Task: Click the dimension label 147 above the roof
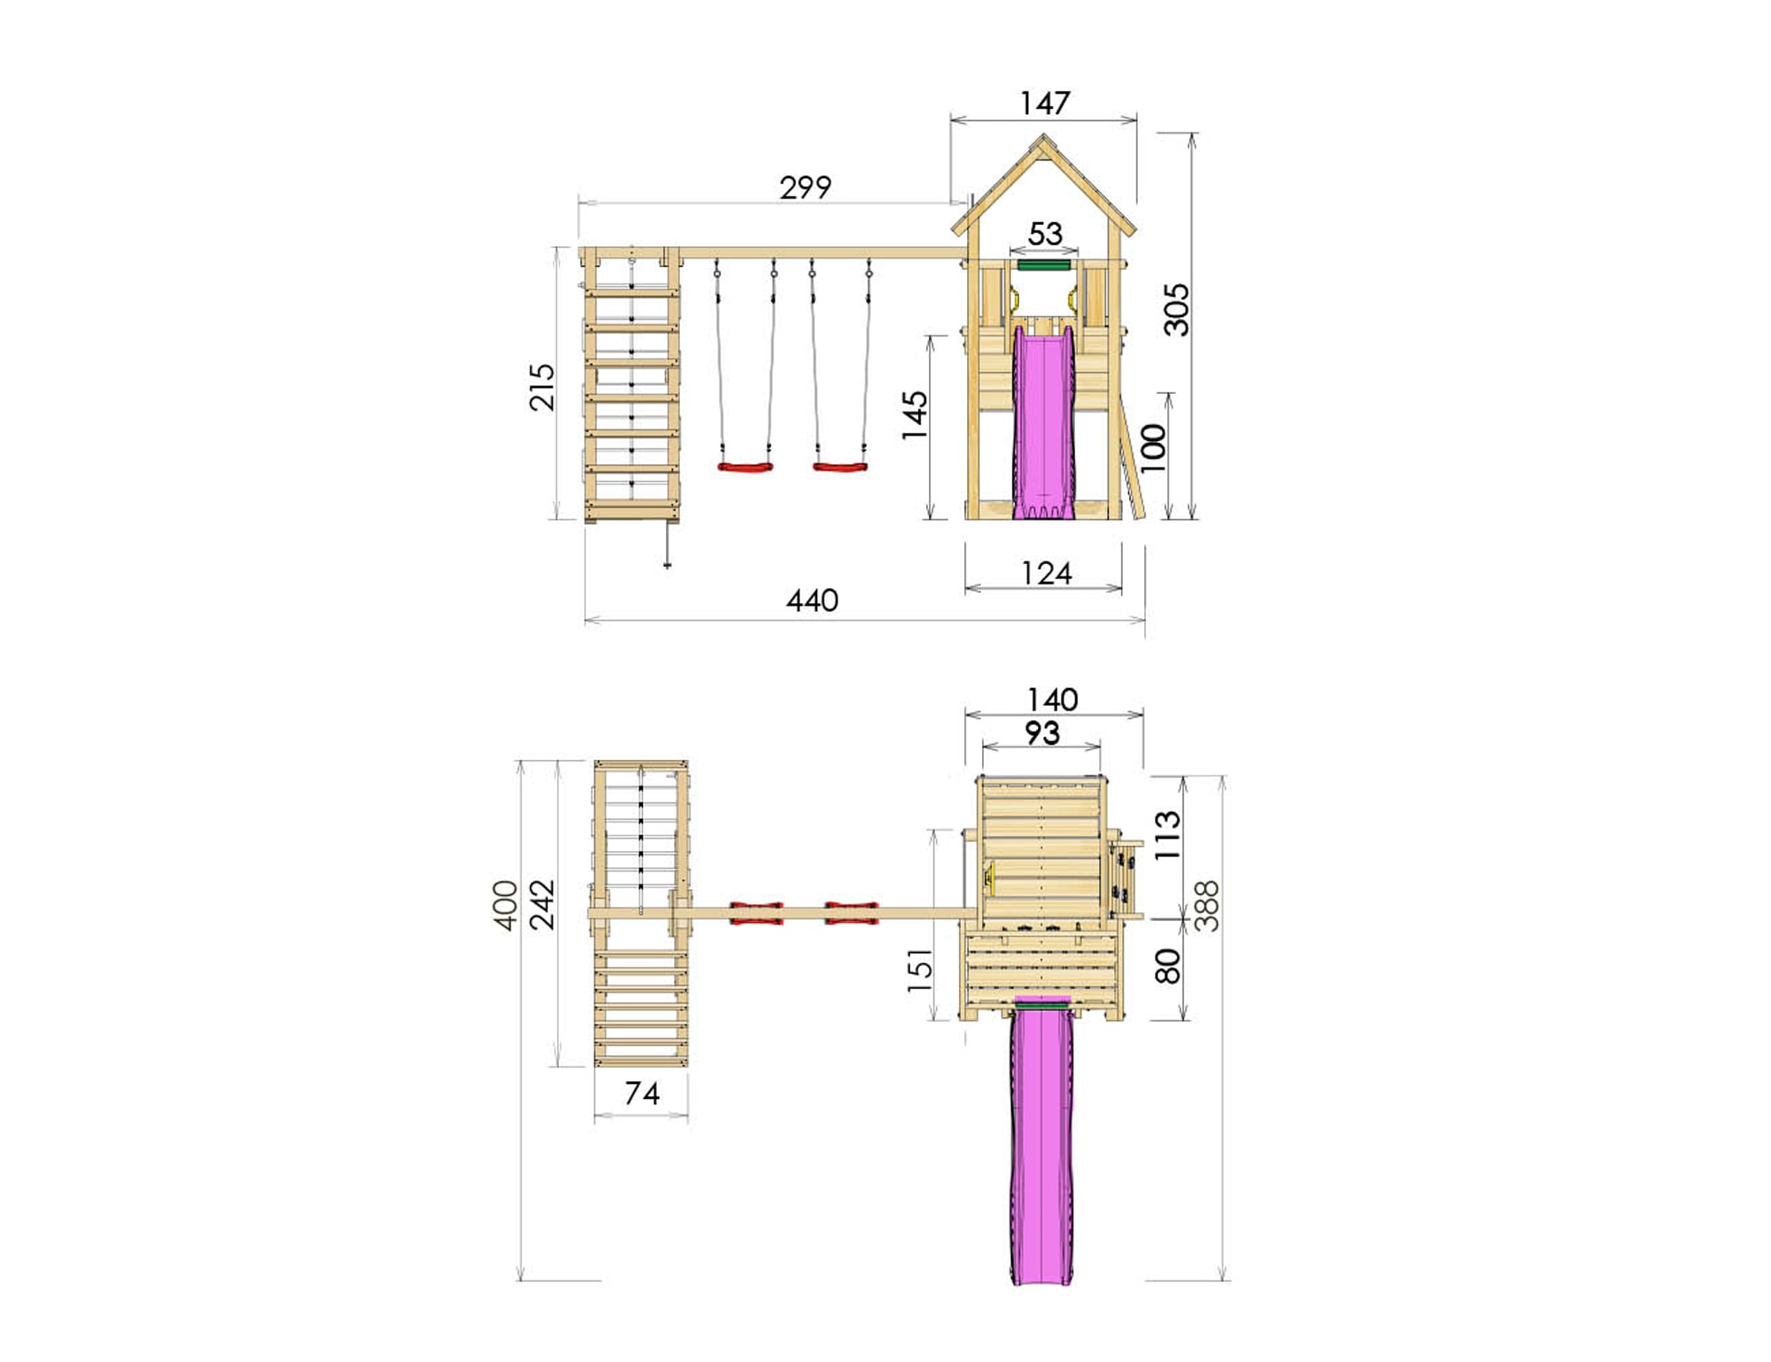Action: coord(1045,104)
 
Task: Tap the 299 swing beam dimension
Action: coord(805,188)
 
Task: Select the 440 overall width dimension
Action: coord(812,601)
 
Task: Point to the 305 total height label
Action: coord(1176,310)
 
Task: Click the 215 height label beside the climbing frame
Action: coord(541,387)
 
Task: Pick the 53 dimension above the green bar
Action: coord(1045,234)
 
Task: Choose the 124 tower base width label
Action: coord(1046,574)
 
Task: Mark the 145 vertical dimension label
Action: coord(914,415)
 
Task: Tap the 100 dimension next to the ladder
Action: coord(1153,448)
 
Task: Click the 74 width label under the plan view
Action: coord(642,1094)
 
